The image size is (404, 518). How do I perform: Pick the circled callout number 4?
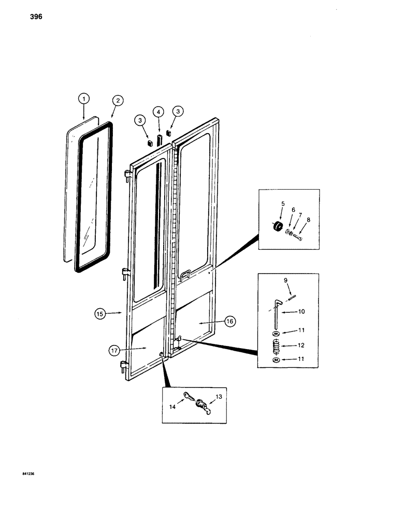click(x=158, y=111)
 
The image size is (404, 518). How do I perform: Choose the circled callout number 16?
click(x=230, y=322)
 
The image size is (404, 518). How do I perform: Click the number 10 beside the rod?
click(x=301, y=312)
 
